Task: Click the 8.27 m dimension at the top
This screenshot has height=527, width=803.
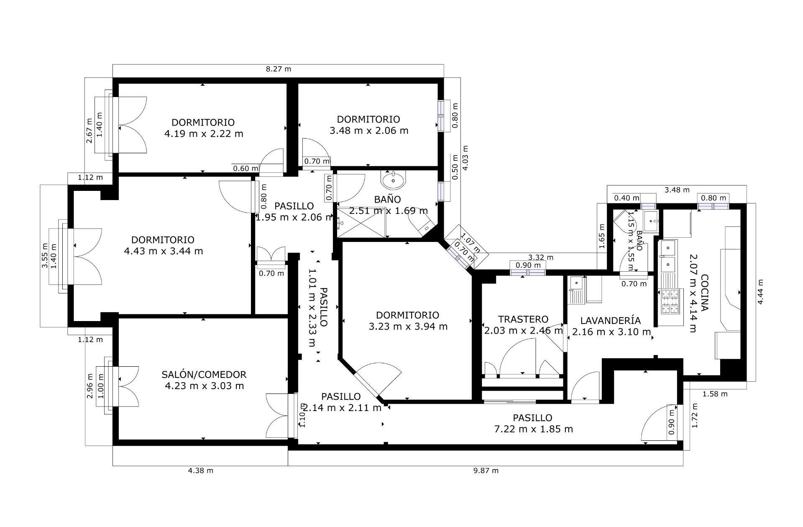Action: click(278, 69)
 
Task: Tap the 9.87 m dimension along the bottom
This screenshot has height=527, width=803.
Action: click(486, 470)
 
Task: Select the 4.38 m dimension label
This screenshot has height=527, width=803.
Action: click(200, 470)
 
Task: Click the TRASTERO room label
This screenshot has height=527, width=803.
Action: click(523, 320)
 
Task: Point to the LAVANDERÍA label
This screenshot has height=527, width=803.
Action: click(610, 321)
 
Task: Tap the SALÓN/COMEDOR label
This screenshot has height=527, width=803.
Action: click(204, 375)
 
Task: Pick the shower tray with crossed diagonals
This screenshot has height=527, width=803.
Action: click(362, 222)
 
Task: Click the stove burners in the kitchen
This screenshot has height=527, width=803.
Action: click(670, 302)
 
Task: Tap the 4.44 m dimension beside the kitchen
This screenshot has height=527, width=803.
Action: click(760, 292)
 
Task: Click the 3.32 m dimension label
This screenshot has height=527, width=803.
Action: click(541, 257)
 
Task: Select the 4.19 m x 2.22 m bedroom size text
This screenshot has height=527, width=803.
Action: click(204, 134)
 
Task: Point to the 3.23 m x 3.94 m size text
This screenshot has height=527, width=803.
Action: click(408, 326)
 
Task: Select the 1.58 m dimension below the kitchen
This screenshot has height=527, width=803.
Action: click(715, 394)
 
